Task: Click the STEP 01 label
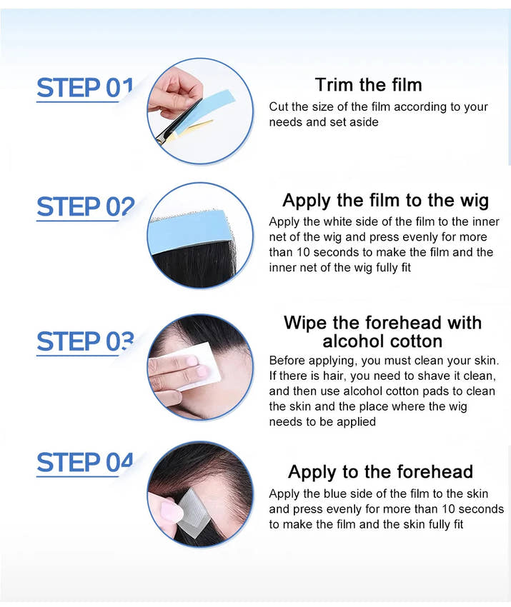coord(85,88)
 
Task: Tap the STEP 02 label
coord(85,206)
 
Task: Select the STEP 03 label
coord(85,341)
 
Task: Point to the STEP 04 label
coord(85,462)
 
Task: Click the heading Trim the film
coord(369,85)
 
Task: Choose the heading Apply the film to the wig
coord(385,201)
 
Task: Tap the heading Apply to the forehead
coord(380,472)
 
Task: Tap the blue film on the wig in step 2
coord(190,231)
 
